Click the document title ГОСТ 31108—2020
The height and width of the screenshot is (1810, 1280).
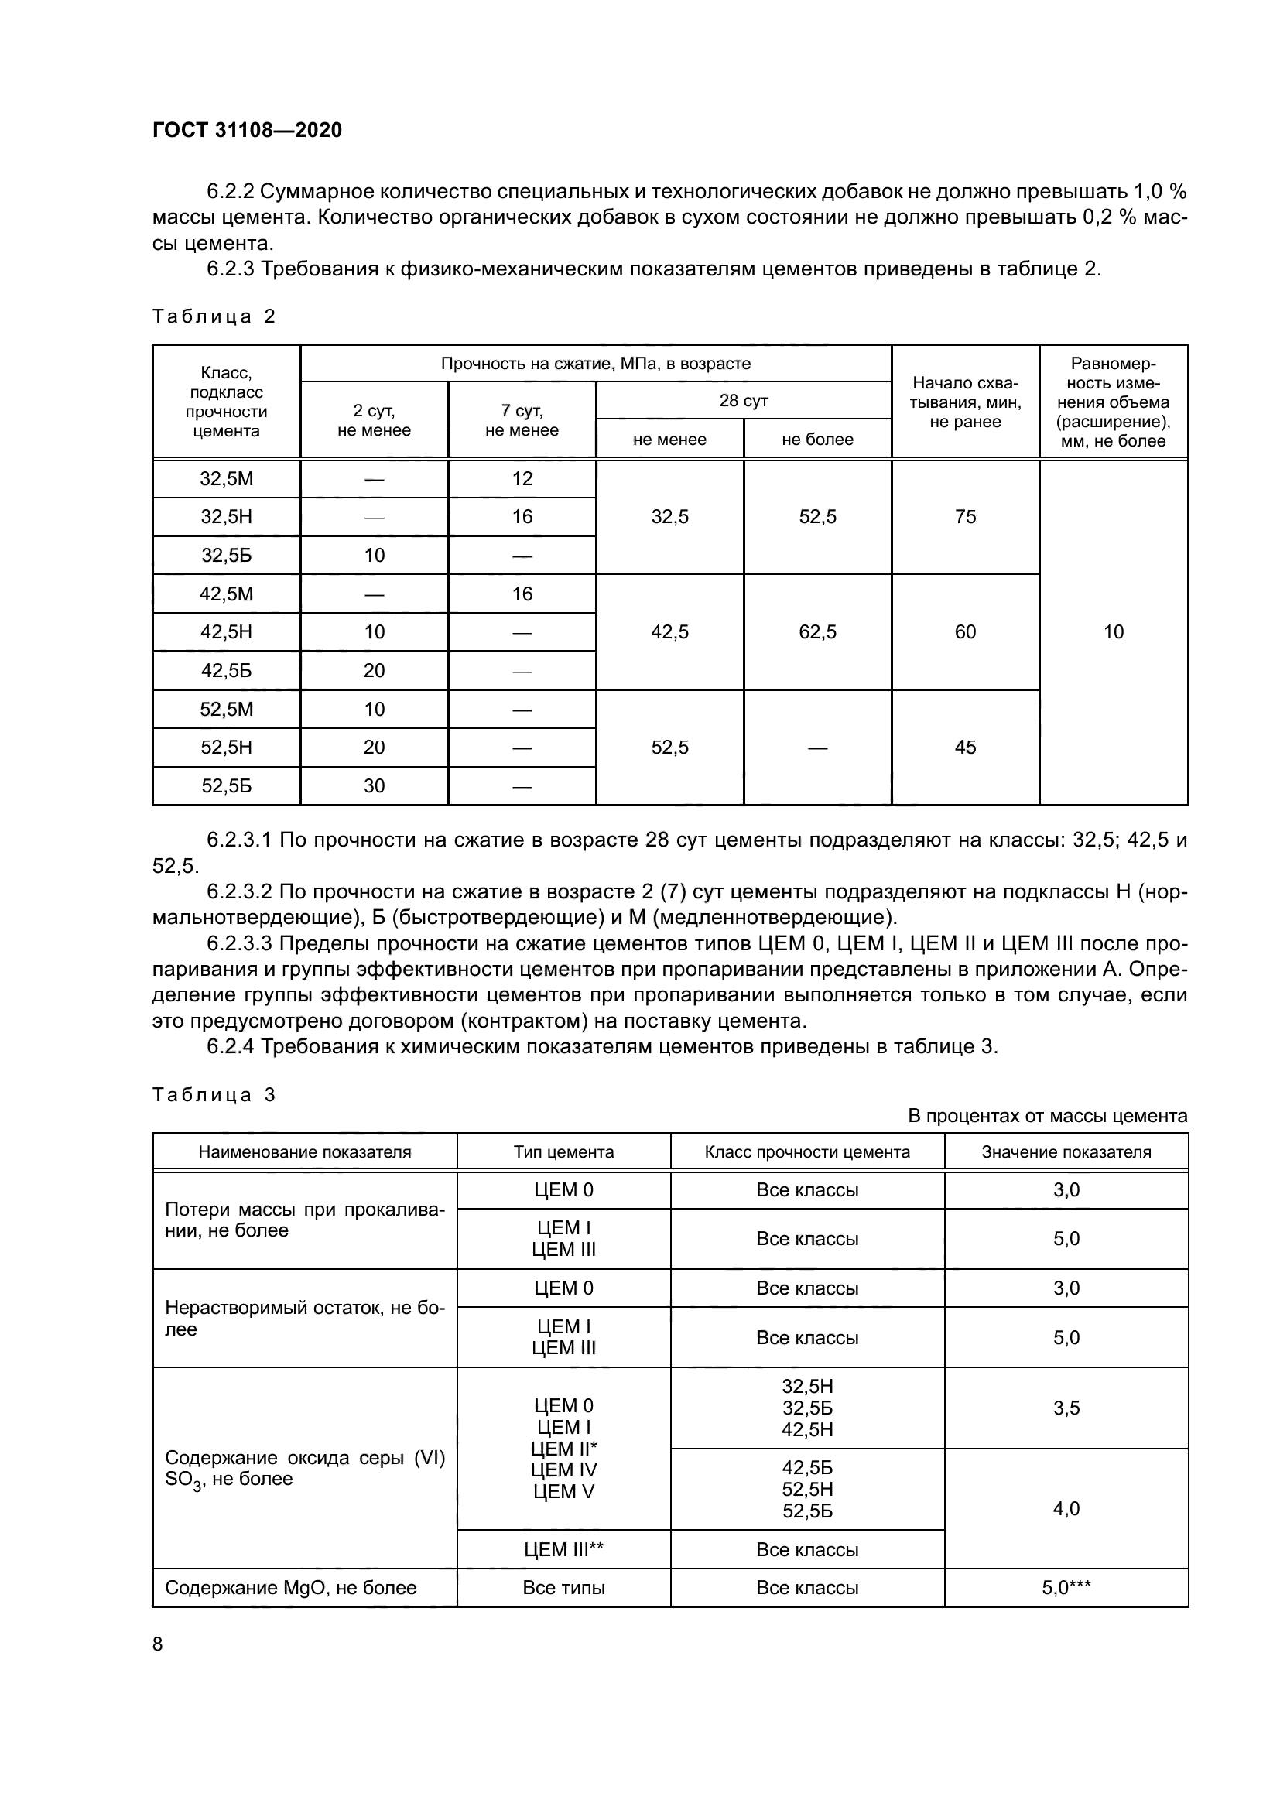tap(247, 130)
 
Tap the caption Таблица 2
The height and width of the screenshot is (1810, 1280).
tap(213, 316)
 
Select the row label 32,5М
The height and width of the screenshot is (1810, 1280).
tap(226, 478)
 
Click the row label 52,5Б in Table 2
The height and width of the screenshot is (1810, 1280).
tap(226, 785)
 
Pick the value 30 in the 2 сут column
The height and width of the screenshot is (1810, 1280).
tap(374, 785)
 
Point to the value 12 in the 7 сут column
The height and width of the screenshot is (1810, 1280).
tap(522, 478)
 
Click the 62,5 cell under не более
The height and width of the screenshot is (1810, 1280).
tap(817, 631)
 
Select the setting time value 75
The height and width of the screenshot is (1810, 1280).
tap(965, 516)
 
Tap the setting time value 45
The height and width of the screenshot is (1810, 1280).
tap(965, 747)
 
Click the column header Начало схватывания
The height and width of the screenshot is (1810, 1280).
tap(965, 402)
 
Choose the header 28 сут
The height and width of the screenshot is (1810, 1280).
tap(743, 401)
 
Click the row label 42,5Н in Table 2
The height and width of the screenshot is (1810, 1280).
tap(226, 631)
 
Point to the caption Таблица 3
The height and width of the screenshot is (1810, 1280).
tap(213, 1094)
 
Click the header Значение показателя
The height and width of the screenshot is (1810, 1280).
tap(1066, 1151)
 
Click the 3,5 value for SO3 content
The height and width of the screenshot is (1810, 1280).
tap(1066, 1408)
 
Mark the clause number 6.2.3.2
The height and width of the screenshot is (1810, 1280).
tap(239, 891)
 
